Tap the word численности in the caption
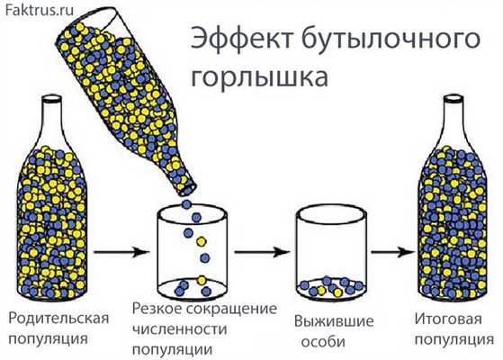click(181, 329)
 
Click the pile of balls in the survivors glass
click(328, 285)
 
